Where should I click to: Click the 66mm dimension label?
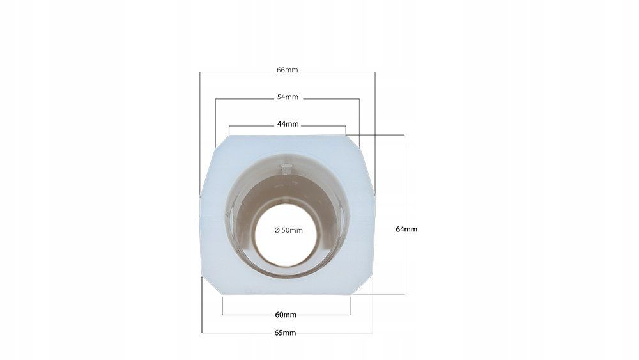pyautogui.click(x=288, y=70)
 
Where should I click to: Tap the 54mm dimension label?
pyautogui.click(x=288, y=97)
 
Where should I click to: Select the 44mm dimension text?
pyautogui.click(x=288, y=124)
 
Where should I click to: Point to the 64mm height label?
pyautogui.click(x=406, y=229)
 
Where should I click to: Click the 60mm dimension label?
pyautogui.click(x=286, y=315)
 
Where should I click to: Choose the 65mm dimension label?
pyautogui.click(x=285, y=333)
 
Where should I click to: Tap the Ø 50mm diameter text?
pyautogui.click(x=289, y=230)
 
